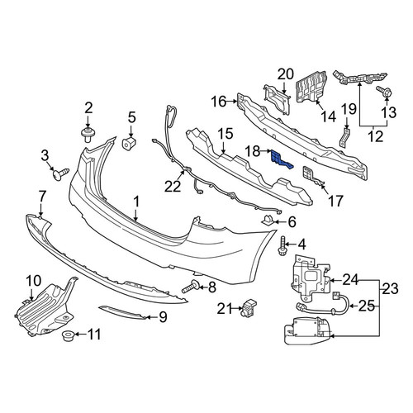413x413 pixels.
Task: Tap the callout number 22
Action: tap(173, 187)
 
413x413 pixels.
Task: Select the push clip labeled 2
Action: tap(88, 135)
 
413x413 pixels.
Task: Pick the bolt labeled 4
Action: tap(282, 246)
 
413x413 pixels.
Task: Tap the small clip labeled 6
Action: tap(267, 221)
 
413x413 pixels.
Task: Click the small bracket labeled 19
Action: tap(344, 137)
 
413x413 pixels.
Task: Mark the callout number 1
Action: tap(136, 203)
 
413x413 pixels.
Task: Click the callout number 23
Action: tap(390, 289)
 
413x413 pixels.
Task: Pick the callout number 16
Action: tap(219, 102)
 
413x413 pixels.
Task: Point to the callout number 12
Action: tap(375, 136)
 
